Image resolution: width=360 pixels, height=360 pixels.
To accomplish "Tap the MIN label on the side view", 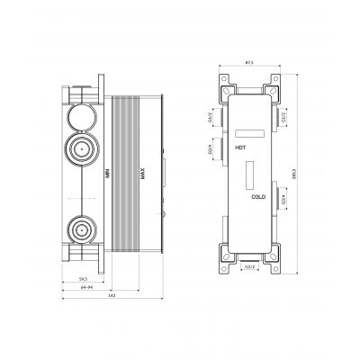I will (105, 166).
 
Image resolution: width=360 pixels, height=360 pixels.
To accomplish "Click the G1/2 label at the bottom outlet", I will (250, 266).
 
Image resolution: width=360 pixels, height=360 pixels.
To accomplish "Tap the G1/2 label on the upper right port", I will (283, 114).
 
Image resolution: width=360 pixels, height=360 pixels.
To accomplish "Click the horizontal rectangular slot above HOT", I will (250, 133).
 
